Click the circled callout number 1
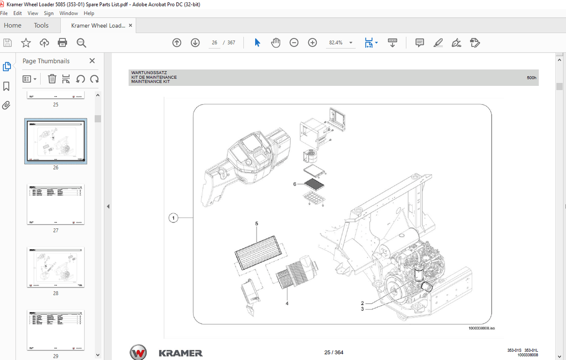point(173,218)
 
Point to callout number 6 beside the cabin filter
point(295,184)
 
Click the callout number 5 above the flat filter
point(257,224)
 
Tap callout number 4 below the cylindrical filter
point(287,303)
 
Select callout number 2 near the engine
point(362,303)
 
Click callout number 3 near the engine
point(362,309)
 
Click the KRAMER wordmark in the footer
point(180,353)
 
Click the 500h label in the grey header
point(531,78)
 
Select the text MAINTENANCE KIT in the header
point(150,82)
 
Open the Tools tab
point(41,26)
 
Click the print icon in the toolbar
point(63,43)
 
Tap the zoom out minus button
point(294,42)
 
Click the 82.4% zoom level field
point(336,42)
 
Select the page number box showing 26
point(214,42)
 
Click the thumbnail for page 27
point(56,204)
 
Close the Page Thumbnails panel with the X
point(92,61)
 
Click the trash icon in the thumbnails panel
point(52,79)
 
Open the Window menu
point(68,13)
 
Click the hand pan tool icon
point(276,42)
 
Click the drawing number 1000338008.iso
point(482,328)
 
